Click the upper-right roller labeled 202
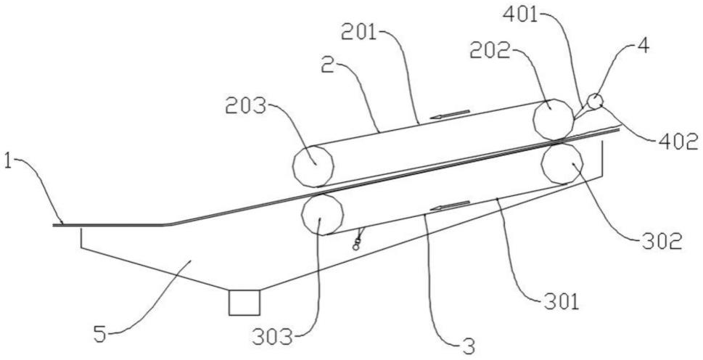(x=553, y=118)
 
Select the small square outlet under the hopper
(x=244, y=303)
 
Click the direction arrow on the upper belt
(x=451, y=113)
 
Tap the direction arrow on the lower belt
(x=446, y=208)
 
